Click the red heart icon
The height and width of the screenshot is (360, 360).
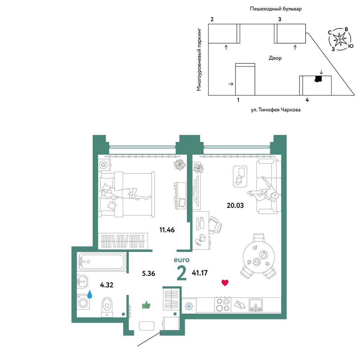click(225, 283)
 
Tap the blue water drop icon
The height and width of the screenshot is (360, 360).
click(90, 294)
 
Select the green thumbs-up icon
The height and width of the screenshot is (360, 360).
click(146, 305)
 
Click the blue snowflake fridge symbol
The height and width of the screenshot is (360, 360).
click(189, 306)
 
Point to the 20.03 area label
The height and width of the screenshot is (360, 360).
click(235, 205)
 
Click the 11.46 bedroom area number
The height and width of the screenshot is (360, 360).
click(167, 230)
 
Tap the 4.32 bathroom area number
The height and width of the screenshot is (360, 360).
click(107, 285)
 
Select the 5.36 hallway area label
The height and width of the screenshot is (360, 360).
click(149, 274)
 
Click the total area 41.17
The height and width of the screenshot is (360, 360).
click(199, 273)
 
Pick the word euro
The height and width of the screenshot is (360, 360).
click(181, 260)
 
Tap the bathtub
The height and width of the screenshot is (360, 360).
click(102, 261)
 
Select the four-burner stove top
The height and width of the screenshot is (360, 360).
click(223, 305)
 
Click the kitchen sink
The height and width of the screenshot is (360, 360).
click(256, 305)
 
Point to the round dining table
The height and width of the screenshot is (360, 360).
click(259, 257)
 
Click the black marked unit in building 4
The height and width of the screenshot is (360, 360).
click(318, 79)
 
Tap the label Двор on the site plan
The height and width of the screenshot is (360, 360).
click(275, 58)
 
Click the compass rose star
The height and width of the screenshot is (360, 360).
click(339, 39)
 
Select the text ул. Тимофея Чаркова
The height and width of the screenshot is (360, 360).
click(275, 110)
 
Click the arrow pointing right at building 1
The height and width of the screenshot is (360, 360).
click(231, 84)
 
